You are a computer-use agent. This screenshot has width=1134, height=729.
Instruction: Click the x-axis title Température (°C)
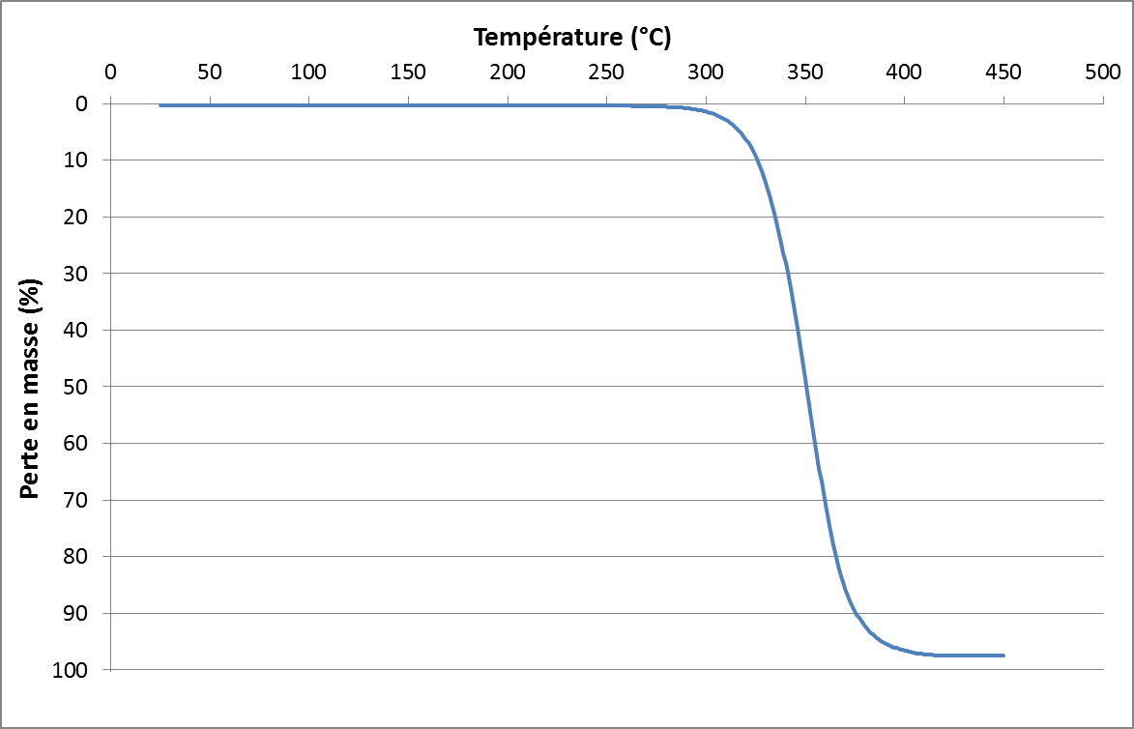tap(572, 38)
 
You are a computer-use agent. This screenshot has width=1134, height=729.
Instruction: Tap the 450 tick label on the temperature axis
tap(1003, 72)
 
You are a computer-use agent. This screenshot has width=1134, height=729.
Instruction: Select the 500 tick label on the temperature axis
tap(1102, 72)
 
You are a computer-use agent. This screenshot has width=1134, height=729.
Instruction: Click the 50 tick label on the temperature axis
tap(209, 72)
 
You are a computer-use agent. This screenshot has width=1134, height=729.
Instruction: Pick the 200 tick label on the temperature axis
tap(507, 72)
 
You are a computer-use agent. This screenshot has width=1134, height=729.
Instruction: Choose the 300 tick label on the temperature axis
tap(706, 72)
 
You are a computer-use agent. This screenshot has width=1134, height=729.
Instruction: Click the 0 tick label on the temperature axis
tap(110, 72)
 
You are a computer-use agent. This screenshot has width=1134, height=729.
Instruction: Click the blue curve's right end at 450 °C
tap(1003, 656)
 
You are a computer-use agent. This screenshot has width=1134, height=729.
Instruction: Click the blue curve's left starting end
tap(160, 104)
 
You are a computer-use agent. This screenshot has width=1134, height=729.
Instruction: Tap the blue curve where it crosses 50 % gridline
tap(806, 387)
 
